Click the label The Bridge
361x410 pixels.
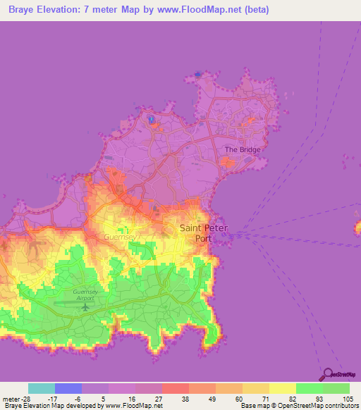click(243, 149)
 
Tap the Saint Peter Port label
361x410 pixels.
click(205, 232)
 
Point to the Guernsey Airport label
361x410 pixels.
click(87, 294)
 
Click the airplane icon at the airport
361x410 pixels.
click(87, 306)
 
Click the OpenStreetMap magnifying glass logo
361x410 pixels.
click(326, 375)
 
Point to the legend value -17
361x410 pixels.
click(54, 398)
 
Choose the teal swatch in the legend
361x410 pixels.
click(42, 388)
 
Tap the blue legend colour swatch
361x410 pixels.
click(68, 388)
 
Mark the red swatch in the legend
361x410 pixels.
click(175, 388)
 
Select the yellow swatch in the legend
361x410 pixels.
click(282, 388)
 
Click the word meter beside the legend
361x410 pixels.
click(12, 398)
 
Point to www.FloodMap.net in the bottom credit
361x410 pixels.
click(133, 406)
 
